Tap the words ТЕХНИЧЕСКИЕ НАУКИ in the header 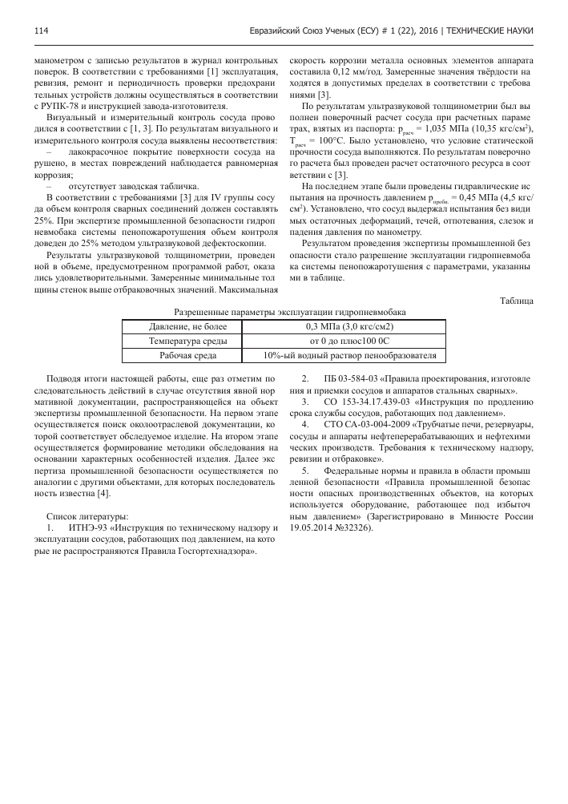pyautogui.click(x=490, y=31)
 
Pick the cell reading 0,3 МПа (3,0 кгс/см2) pyautogui.click(x=349, y=326)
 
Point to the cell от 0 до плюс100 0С pyautogui.click(x=349, y=340)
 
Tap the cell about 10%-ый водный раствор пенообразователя pyautogui.click(x=349, y=354)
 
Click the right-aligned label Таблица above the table pyautogui.click(x=517, y=300)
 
